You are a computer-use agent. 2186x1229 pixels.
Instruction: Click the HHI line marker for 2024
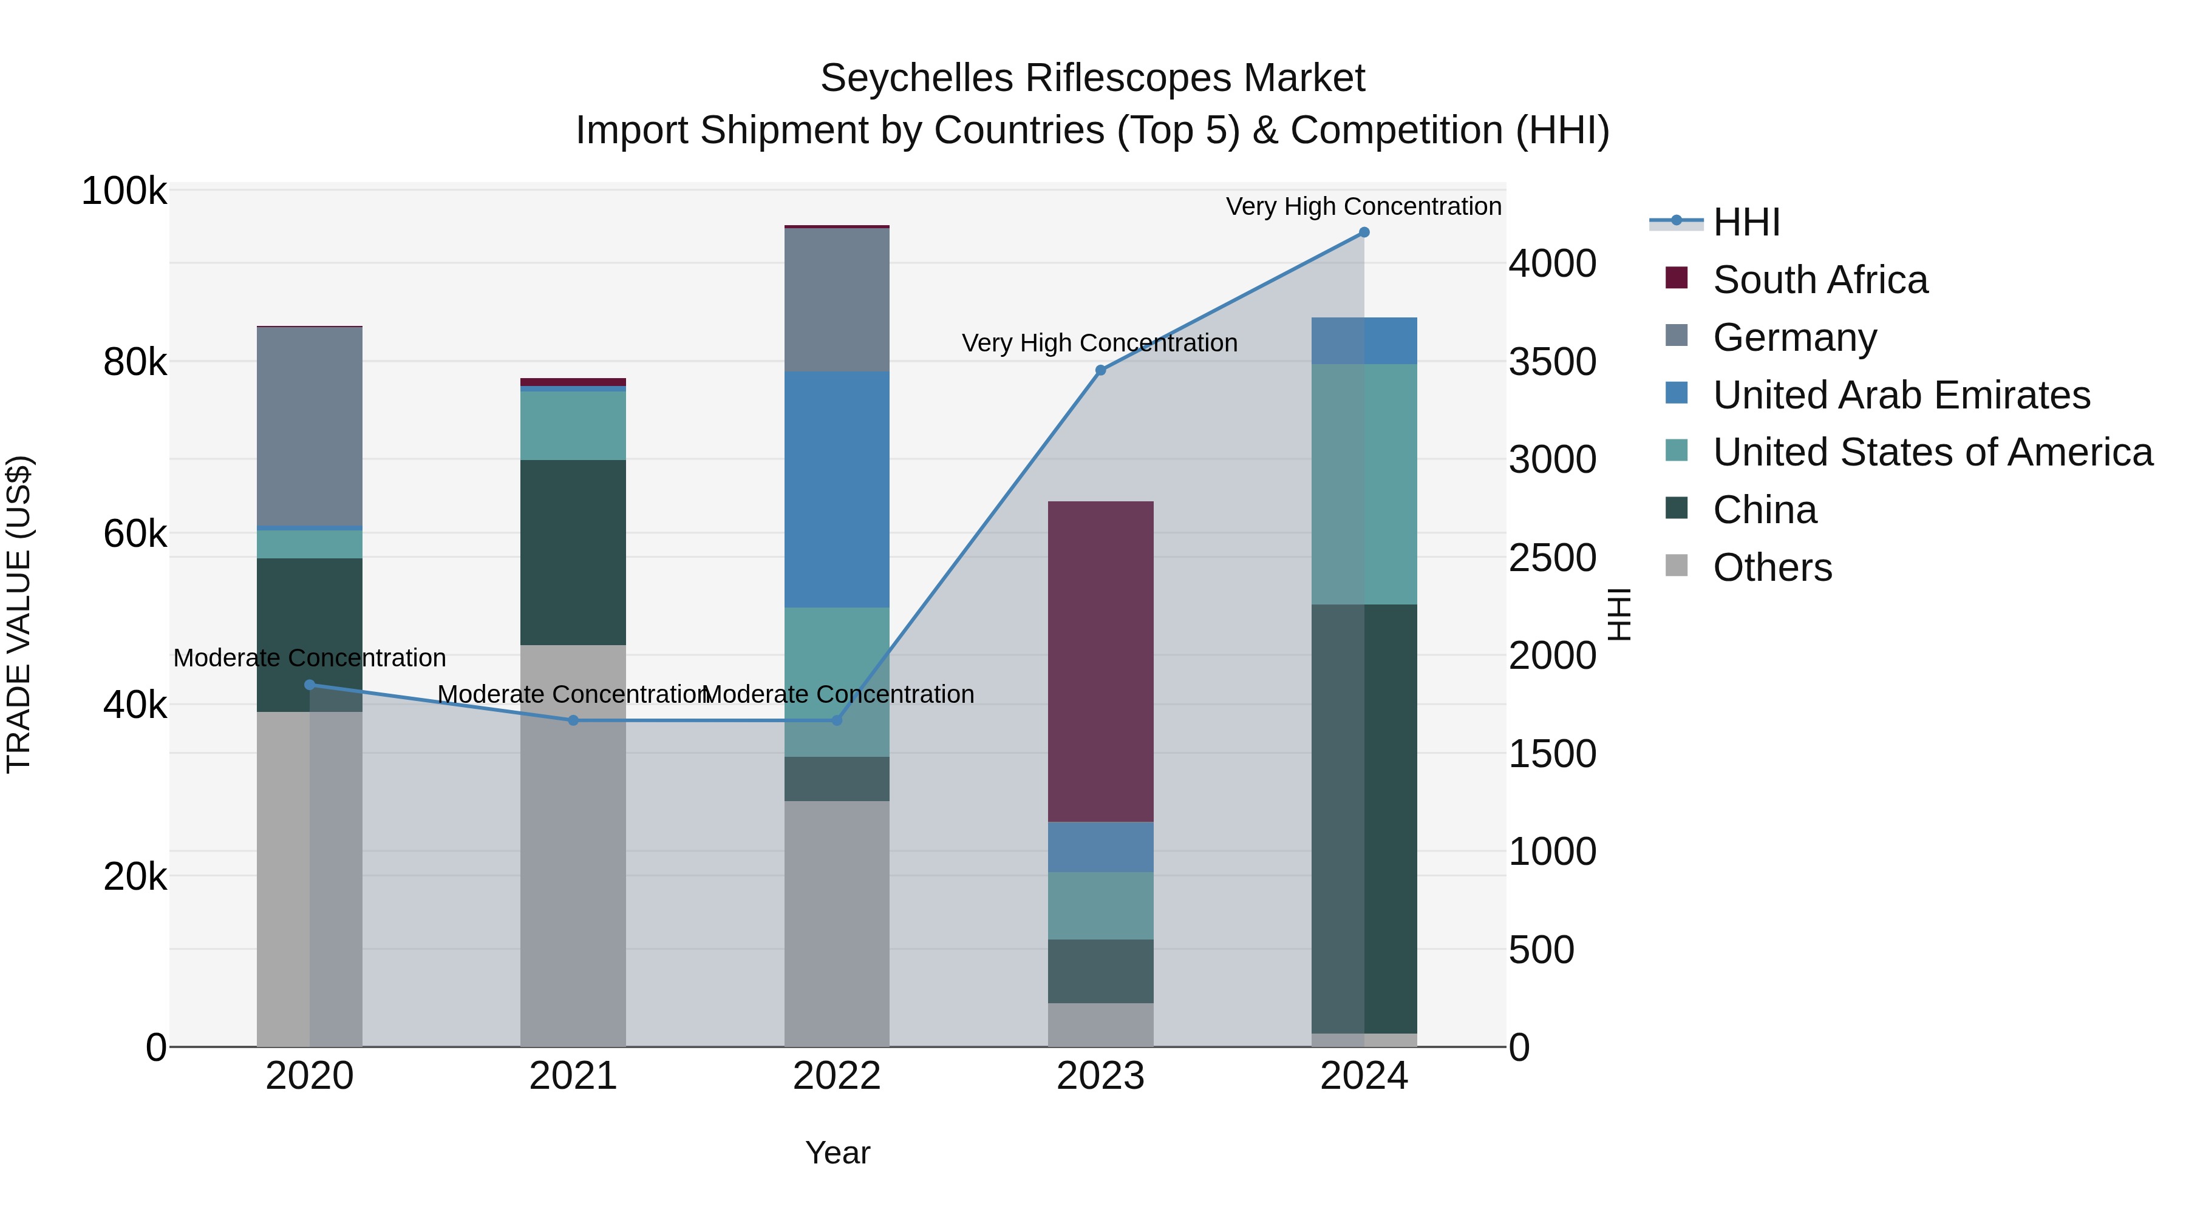[1364, 232]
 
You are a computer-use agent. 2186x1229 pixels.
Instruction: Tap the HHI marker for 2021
[573, 720]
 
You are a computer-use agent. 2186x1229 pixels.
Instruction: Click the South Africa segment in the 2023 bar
[1101, 661]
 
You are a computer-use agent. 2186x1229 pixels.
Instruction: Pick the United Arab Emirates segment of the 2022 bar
[837, 489]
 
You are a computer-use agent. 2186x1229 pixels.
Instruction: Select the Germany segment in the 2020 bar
[310, 427]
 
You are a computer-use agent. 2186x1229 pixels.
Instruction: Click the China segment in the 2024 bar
[1364, 819]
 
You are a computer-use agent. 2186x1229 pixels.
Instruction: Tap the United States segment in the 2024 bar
[1364, 484]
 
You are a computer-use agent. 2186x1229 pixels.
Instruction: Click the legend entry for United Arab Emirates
[1901, 395]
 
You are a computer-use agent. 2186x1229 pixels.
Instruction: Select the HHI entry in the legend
[1746, 222]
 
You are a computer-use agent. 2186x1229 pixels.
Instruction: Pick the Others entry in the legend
[1772, 567]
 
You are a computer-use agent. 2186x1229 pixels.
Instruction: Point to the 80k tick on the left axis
[135, 363]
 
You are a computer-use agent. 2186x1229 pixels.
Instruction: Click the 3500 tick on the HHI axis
[1552, 362]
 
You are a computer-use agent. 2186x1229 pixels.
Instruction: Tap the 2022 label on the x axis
[837, 1076]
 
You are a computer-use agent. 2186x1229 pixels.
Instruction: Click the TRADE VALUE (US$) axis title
[19, 614]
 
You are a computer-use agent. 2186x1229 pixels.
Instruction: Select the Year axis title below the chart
[837, 1153]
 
